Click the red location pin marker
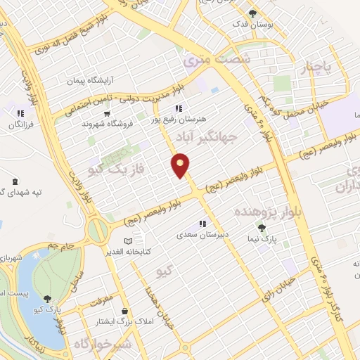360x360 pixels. (181, 165)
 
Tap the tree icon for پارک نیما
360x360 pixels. (262, 228)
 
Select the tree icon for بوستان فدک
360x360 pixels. (252, 13)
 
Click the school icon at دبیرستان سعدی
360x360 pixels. (202, 224)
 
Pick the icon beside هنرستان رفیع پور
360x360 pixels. (179, 108)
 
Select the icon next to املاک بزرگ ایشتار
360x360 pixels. (125, 311)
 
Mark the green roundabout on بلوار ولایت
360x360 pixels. (98, 229)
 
